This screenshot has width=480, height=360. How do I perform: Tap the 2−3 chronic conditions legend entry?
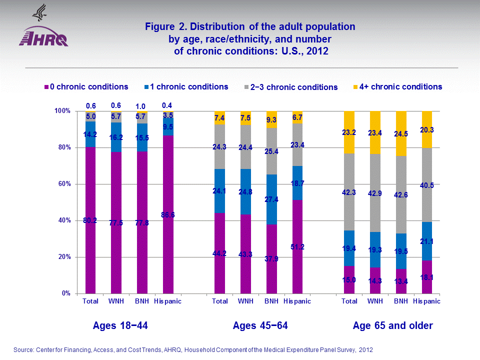(295, 87)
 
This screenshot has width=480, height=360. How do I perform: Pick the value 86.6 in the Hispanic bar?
(168, 215)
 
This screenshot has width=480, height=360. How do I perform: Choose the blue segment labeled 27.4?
(271, 200)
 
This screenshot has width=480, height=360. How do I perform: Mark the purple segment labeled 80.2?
(90, 220)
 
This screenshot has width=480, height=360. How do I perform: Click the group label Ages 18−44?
(120, 326)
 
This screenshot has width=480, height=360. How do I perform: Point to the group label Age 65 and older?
(392, 326)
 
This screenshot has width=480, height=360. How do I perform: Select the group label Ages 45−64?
(260, 326)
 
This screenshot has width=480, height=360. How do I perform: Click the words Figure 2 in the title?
(163, 26)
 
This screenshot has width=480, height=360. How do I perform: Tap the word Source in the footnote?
(24, 349)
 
